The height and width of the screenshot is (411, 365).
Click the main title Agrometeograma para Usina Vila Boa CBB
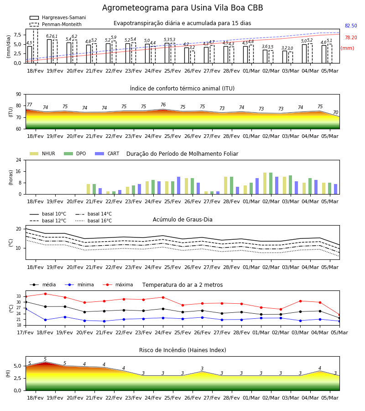[182, 8]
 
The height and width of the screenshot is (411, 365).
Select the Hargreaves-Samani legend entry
[58, 17]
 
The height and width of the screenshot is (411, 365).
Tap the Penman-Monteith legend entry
[56, 24]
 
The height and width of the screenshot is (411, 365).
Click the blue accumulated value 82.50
[351, 26]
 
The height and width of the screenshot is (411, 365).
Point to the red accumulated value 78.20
[351, 37]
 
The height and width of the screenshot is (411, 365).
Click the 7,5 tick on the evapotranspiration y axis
[17, 35]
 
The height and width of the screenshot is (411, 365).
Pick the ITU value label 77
[29, 105]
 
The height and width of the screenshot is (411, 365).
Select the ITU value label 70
[335, 112]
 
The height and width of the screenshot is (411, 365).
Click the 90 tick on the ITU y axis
[19, 95]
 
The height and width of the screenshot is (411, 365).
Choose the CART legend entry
[107, 153]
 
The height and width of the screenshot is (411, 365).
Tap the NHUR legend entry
[42, 153]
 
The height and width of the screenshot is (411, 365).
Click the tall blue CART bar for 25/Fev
[178, 185]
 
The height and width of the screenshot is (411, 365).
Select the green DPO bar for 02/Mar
[271, 184]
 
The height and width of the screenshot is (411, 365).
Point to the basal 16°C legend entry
[94, 221]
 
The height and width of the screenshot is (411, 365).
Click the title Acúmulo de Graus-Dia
[182, 220]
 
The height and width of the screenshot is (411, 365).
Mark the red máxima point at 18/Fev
[45, 294]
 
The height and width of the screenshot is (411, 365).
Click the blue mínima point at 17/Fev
[26, 309]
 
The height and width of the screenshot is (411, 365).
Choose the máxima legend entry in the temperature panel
[118, 285]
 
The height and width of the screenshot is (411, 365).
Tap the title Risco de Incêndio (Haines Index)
[182, 350]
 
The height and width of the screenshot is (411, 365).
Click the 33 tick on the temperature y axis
[19, 296]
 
